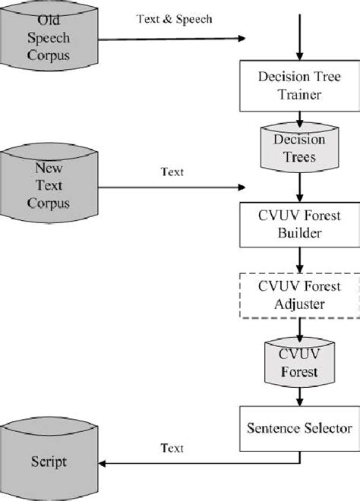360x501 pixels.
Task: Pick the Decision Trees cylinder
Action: pos(302,150)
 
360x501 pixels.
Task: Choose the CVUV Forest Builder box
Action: pos(302,223)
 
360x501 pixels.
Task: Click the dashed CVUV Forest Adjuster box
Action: pos(302,295)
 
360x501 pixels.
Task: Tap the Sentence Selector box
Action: pos(302,427)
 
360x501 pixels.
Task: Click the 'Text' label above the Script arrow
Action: pos(172,449)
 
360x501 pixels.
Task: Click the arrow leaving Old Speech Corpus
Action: pos(175,38)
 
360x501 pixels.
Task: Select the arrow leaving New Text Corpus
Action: pos(175,185)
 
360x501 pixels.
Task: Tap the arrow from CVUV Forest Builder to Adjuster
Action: pos(302,260)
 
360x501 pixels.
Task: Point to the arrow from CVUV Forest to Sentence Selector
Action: pos(302,395)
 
